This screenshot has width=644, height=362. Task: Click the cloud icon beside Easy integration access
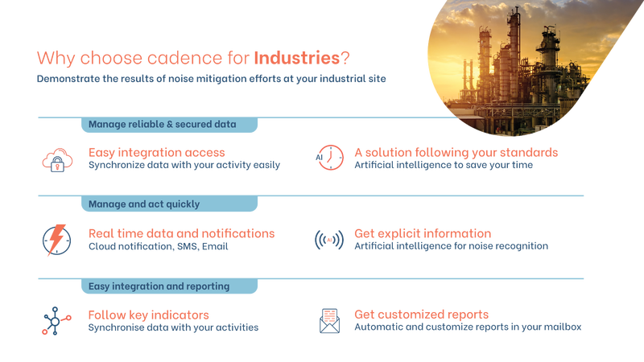tap(56, 158)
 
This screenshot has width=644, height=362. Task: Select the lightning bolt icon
tap(56, 240)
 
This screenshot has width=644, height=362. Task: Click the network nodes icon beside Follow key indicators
tap(55, 321)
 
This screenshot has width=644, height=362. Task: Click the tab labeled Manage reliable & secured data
tap(162, 125)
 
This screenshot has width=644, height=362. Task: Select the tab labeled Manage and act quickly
tap(144, 204)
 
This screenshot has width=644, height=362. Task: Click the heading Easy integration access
tap(156, 152)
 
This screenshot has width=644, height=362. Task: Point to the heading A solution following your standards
tap(456, 152)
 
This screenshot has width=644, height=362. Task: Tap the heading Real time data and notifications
tap(181, 233)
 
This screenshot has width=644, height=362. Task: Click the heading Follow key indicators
tap(149, 314)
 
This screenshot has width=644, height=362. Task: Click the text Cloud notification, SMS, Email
tap(158, 247)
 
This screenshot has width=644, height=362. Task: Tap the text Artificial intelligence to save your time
tap(444, 166)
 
